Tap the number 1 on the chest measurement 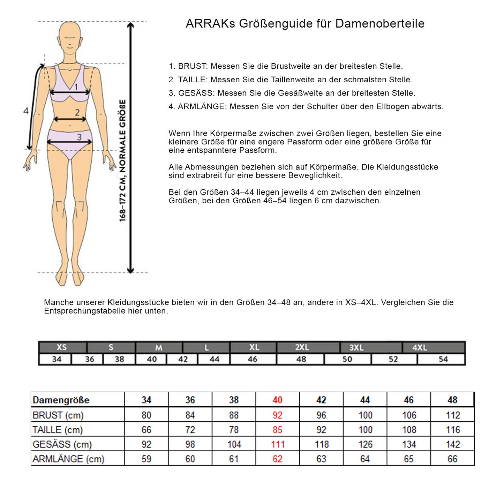click(x=76, y=87)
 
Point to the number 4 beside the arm click(x=26, y=111)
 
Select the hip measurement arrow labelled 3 click(x=70, y=142)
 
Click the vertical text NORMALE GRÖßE click(x=123, y=136)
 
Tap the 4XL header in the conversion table click(x=419, y=348)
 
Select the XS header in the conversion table click(x=62, y=347)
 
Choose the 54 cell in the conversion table click(x=443, y=359)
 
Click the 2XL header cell click(x=302, y=348)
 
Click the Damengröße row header click(x=61, y=400)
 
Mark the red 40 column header click(x=277, y=400)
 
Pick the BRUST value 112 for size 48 click(x=452, y=415)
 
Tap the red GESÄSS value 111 click(x=278, y=444)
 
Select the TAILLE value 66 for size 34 click(x=146, y=430)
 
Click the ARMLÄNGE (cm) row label click(x=68, y=459)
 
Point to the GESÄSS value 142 click(x=452, y=444)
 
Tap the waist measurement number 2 click(x=77, y=112)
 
